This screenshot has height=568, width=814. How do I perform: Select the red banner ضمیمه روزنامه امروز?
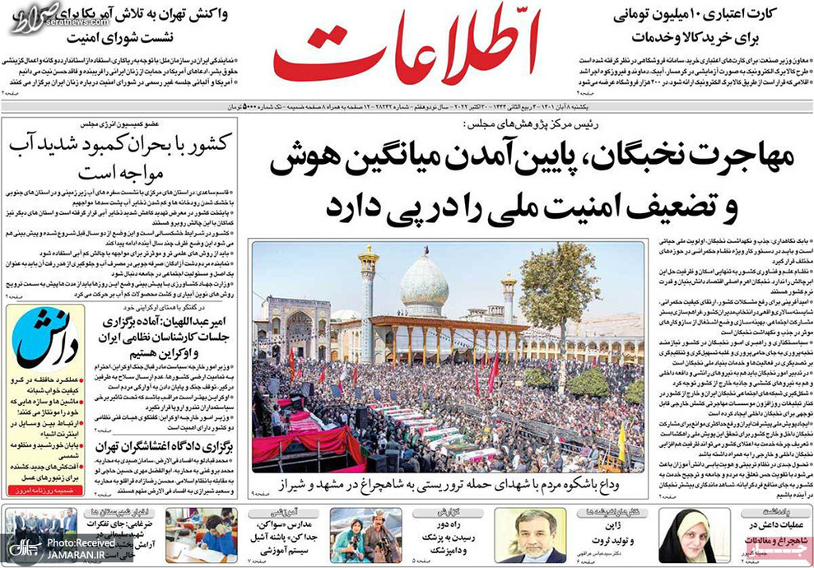[x=49, y=491]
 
